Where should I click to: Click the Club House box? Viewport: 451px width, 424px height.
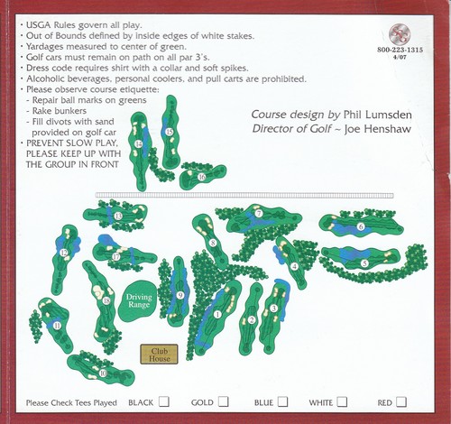click(160, 355)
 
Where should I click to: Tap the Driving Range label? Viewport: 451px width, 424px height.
click(140, 300)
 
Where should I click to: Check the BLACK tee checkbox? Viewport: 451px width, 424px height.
click(164, 401)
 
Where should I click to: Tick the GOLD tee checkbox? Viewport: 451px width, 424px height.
click(223, 401)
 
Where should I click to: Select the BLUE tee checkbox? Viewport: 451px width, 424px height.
click(282, 401)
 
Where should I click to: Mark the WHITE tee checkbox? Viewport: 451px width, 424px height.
click(344, 401)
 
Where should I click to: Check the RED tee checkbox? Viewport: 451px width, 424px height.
click(401, 401)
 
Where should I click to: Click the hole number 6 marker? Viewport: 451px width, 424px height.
click(362, 227)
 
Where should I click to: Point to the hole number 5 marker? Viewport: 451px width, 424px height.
click(364, 263)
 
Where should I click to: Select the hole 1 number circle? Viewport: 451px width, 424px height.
click(218, 313)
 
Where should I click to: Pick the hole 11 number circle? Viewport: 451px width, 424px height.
click(58, 326)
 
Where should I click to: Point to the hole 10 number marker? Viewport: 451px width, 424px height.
click(104, 373)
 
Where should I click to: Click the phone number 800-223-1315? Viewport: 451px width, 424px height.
click(400, 51)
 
